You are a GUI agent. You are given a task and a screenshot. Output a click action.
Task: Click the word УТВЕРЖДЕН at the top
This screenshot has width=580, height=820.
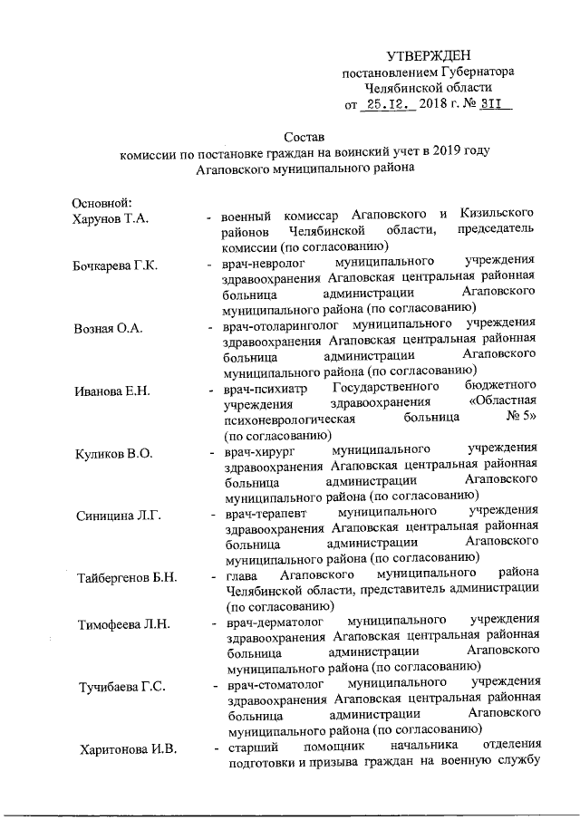[x=429, y=57]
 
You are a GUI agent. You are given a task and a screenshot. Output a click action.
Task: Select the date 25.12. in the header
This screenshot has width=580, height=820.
[x=384, y=105]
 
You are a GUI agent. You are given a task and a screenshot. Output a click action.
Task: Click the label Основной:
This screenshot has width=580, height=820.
[x=103, y=200]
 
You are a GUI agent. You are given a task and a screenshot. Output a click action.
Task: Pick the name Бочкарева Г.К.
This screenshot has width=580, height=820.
[x=115, y=265]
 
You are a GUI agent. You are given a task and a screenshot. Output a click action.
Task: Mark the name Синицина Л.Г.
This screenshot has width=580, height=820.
[x=119, y=516]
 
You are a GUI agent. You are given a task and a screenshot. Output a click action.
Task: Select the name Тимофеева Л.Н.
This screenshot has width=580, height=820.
[x=122, y=625]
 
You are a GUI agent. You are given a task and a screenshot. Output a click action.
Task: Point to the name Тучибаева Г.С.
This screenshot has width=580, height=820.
[x=121, y=686]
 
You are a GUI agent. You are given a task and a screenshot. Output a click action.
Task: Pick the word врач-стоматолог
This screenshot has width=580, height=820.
[x=273, y=685]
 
